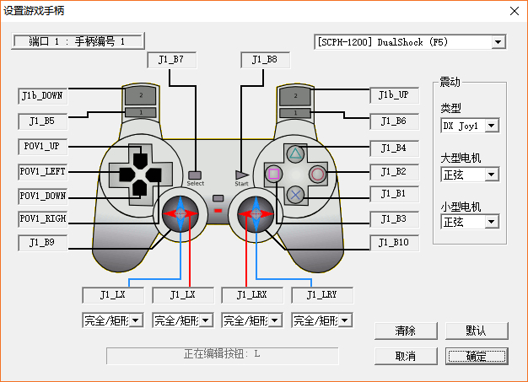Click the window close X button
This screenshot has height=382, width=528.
pyautogui.click(x=514, y=10)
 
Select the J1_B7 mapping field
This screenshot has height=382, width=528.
pyautogui.click(x=171, y=60)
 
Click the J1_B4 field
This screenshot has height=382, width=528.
pyautogui.click(x=395, y=147)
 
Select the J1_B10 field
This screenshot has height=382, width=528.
pyautogui.click(x=395, y=243)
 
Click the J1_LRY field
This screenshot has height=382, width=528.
pyautogui.click(x=321, y=295)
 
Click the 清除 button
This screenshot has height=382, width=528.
pyautogui.click(x=406, y=331)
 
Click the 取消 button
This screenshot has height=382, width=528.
pyautogui.click(x=406, y=356)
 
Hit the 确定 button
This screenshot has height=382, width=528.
pyautogui.click(x=477, y=356)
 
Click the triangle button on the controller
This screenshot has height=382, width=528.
pyautogui.click(x=295, y=154)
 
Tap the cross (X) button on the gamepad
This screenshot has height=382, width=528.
pyautogui.click(x=295, y=194)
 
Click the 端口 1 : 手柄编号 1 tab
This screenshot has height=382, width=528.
pyautogui.click(x=78, y=41)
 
